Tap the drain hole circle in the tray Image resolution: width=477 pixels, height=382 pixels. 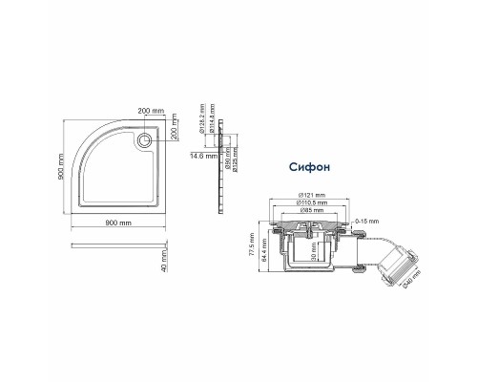pyautogui.click(x=144, y=139)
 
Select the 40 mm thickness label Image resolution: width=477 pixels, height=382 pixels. pyautogui.click(x=165, y=258)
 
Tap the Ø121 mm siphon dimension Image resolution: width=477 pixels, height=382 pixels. pyautogui.click(x=312, y=194)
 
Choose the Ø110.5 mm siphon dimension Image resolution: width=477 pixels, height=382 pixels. pyautogui.click(x=313, y=202)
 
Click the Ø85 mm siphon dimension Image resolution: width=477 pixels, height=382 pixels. pyautogui.click(x=311, y=211)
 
